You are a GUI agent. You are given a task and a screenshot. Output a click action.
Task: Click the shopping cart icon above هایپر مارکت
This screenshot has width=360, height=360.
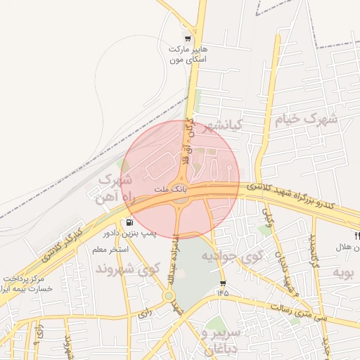click(x=187, y=39)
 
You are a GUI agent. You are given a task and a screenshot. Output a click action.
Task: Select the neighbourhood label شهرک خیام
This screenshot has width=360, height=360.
click(x=305, y=119)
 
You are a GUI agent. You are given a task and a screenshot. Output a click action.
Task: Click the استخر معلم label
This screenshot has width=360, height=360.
click(x=109, y=249)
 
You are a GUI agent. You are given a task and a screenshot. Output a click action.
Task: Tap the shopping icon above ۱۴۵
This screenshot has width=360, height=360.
click(x=223, y=283)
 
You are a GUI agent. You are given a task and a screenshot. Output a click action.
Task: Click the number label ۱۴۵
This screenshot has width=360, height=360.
click(x=223, y=292)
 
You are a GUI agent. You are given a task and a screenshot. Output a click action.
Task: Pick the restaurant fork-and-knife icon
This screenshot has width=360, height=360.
click(x=357, y=235)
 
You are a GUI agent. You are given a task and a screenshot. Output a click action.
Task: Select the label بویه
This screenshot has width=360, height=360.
click(x=343, y=271)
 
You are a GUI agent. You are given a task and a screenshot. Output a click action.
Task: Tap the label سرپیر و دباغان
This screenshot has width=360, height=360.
click(x=221, y=339)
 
